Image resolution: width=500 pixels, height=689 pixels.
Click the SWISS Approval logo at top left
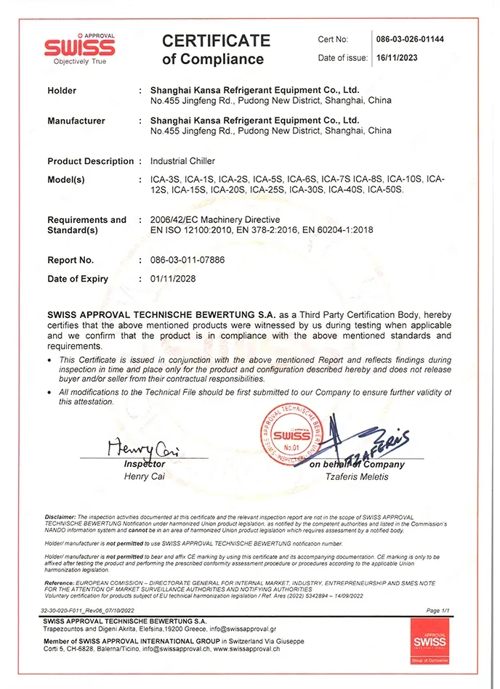pos(79,49)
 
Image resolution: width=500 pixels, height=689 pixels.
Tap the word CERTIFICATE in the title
pos(216,41)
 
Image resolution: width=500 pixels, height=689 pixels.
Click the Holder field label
pos(62,91)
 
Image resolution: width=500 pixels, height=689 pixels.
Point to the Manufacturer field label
pos(76,121)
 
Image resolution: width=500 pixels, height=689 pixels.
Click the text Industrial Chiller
pos(182,161)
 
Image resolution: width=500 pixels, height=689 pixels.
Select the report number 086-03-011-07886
pos(186,259)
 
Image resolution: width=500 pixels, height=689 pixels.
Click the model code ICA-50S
pos(385,189)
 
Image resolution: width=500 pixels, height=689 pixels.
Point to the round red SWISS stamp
pos(292,437)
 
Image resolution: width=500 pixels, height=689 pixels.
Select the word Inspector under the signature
pos(145,464)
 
